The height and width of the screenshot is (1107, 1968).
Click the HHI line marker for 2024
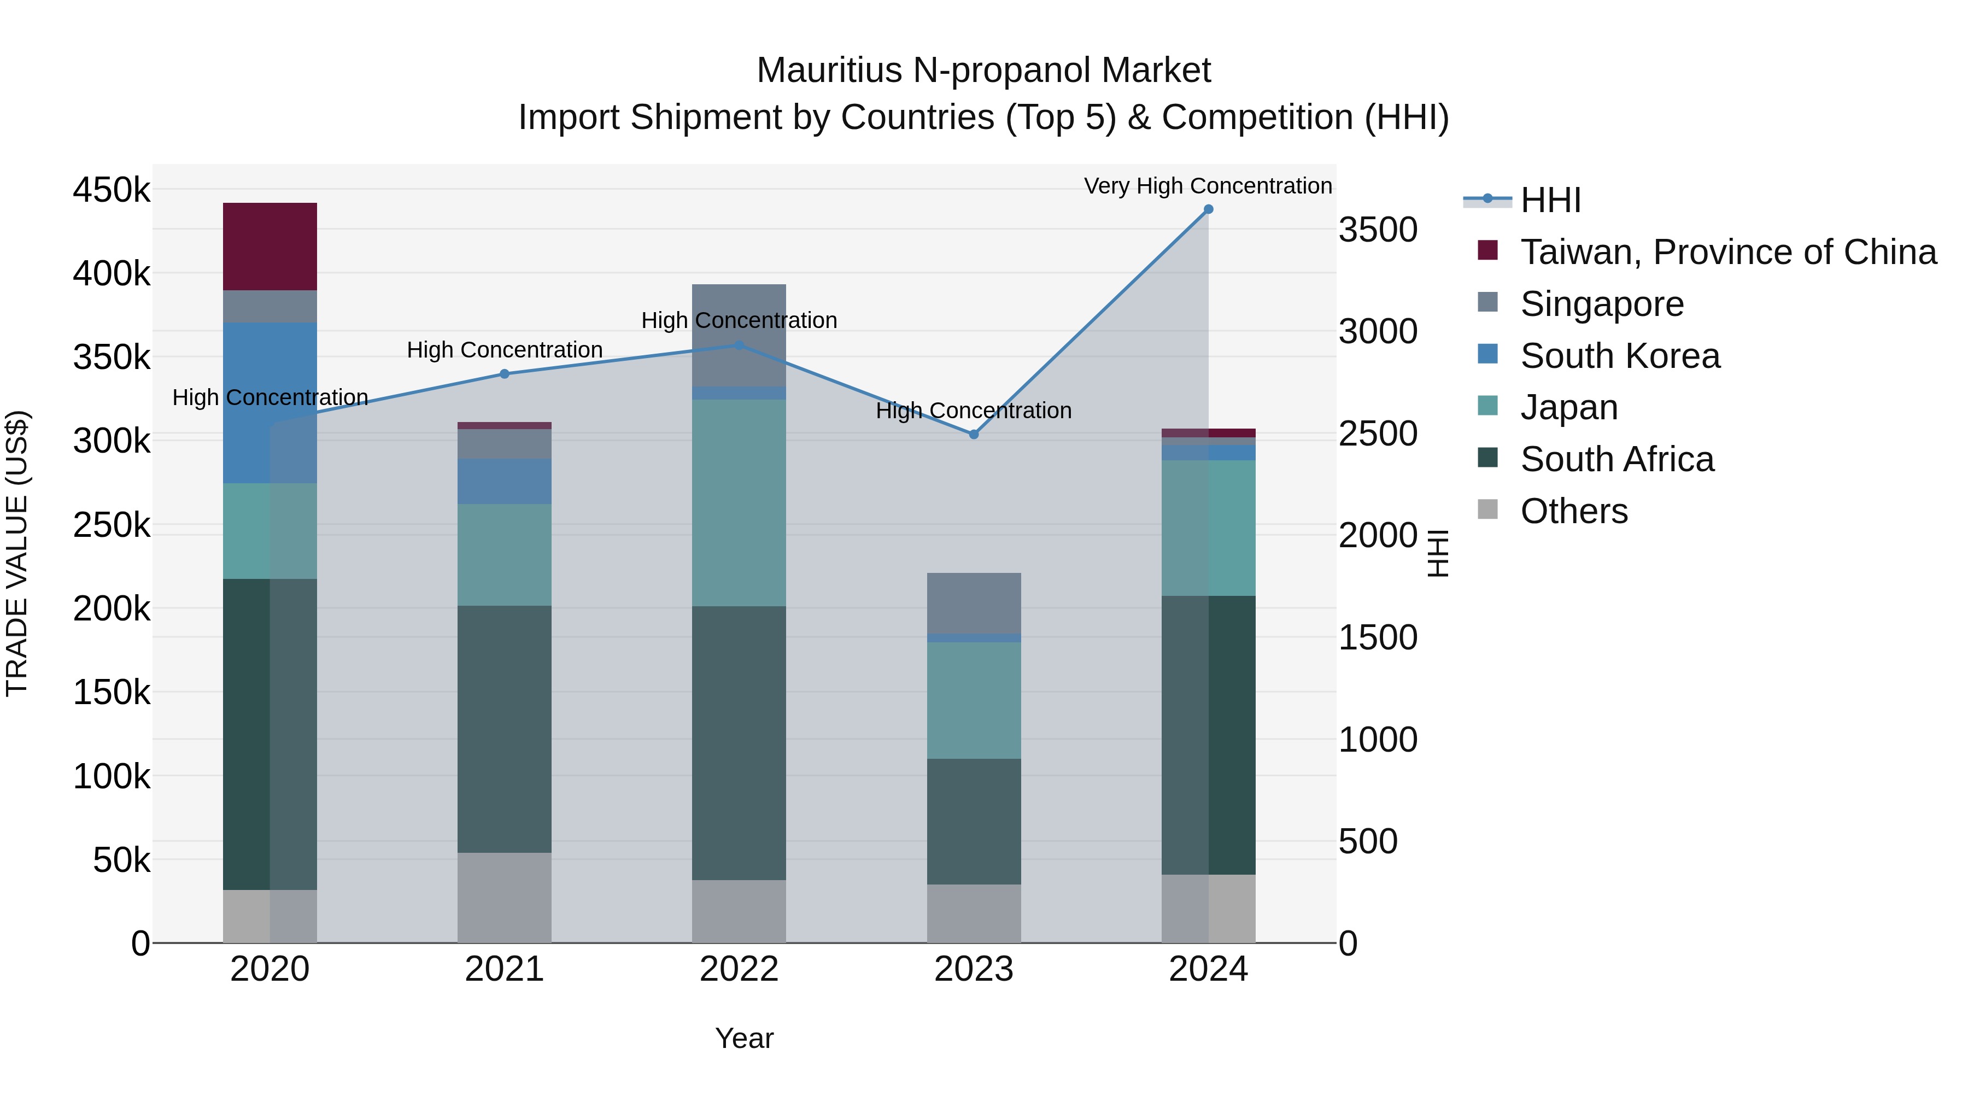[1208, 209]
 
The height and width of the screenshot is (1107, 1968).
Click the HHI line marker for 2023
[973, 434]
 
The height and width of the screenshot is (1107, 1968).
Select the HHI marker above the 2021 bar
[504, 373]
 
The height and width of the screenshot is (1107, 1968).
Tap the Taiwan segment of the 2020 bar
[270, 246]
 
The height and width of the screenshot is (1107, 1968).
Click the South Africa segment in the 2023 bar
[973, 821]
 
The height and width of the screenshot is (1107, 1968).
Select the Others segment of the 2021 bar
[504, 897]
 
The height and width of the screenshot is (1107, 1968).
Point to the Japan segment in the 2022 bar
[739, 503]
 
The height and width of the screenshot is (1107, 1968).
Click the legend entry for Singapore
[1601, 304]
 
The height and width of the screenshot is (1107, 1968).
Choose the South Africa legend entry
[1616, 459]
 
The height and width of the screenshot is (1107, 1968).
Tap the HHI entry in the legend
[1550, 200]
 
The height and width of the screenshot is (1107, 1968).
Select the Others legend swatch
[1487, 509]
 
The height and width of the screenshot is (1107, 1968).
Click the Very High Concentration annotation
[1208, 186]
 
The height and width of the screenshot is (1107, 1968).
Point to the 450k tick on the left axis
[112, 190]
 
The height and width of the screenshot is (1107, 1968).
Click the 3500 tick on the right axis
[1378, 230]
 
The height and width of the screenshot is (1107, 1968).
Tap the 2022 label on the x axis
[739, 969]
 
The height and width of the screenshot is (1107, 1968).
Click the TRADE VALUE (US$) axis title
[17, 553]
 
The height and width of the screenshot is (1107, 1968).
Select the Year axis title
[744, 1038]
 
